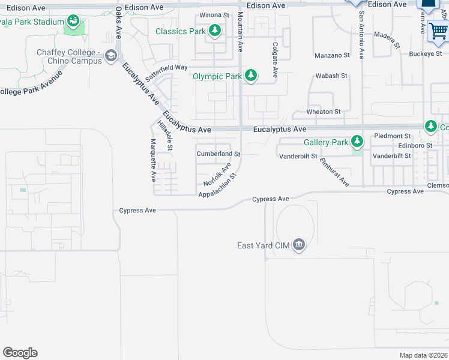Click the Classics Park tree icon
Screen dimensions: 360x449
[214, 31]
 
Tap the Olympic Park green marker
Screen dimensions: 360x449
[252, 76]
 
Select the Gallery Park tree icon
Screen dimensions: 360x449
[358, 142]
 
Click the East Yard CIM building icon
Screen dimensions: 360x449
[300, 245]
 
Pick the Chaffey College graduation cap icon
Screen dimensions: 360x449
[110, 56]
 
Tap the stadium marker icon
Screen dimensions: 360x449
[73, 22]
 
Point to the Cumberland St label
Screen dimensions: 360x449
[218, 154]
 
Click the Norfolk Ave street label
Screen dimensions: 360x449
[217, 175]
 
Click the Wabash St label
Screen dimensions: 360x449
[332, 76]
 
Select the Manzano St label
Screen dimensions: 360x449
[332, 55]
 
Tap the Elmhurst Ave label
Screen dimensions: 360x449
[334, 172]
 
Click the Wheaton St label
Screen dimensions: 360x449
[324, 112]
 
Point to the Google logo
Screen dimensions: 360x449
[20, 352]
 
